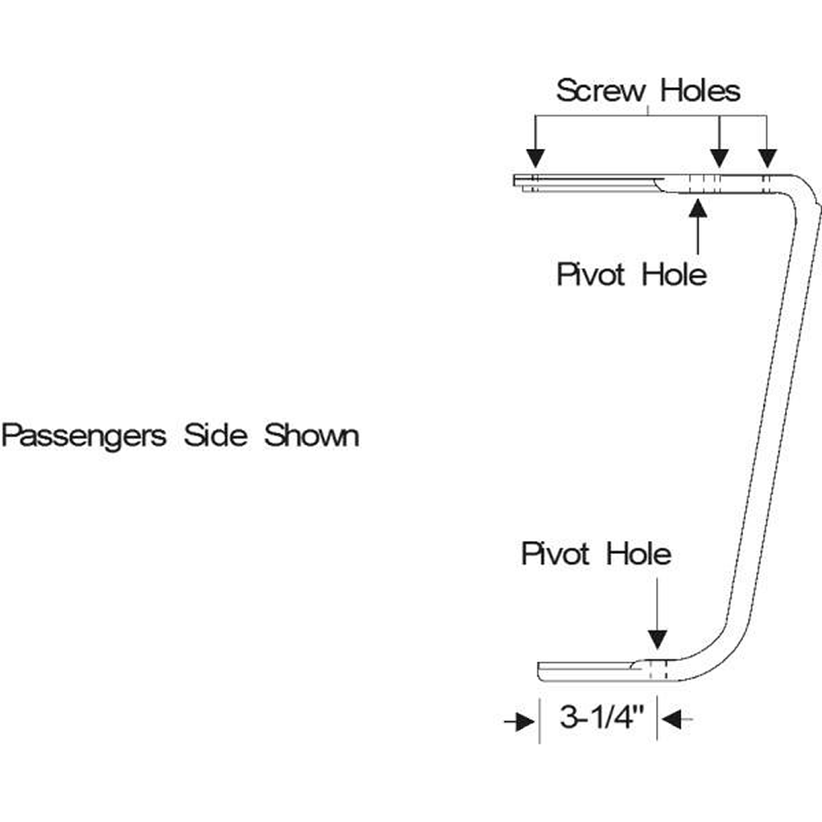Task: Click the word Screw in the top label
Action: click(601, 90)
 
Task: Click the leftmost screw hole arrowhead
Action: click(535, 159)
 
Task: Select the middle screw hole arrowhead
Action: click(719, 159)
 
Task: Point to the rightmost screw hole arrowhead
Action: click(767, 159)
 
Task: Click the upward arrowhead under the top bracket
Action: click(698, 207)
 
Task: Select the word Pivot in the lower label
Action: click(556, 554)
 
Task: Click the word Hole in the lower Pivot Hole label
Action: click(639, 554)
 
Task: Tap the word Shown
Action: click(312, 435)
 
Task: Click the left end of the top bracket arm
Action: click(517, 182)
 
